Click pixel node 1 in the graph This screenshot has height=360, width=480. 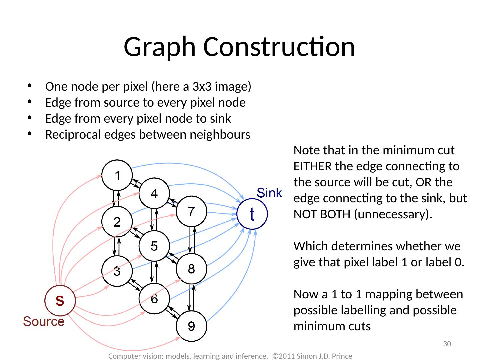[117, 175]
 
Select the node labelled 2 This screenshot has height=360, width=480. [117, 222]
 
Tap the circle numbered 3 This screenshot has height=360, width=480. [117, 271]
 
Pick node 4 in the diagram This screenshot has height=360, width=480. [154, 193]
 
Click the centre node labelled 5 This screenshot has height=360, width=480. [154, 246]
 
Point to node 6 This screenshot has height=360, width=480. [154, 299]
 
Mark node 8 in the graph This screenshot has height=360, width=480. [191, 269]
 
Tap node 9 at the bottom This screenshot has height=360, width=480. [191, 326]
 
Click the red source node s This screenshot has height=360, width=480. [60, 300]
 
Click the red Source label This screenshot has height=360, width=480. [44, 322]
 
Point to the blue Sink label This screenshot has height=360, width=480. [269, 193]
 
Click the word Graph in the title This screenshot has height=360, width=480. [160, 47]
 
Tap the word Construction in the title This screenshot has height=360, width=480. [279, 47]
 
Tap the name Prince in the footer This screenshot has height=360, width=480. [343, 356]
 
